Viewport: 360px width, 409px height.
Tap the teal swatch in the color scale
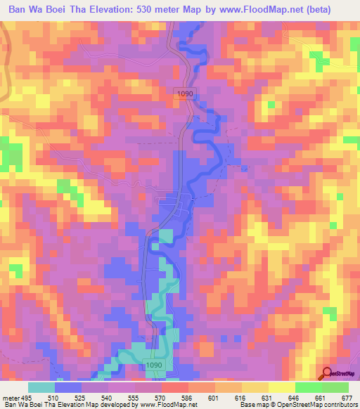pos(41,387)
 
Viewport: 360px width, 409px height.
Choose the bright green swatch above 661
pos(308,387)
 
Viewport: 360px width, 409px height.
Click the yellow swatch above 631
pos(255,387)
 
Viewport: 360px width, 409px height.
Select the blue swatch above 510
pos(68,387)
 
